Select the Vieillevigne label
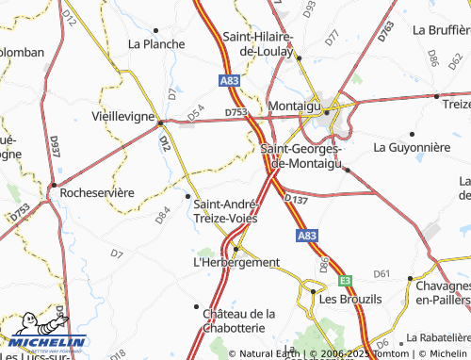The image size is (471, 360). pos(122,116)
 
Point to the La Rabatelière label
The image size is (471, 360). pos(439,336)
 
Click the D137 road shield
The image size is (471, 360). pos(296,201)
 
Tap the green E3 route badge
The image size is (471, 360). pos(346,280)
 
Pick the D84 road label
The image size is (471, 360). pos(163,216)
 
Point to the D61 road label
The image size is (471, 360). pos(382,273)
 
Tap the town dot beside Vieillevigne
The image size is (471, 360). pos(161,122)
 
